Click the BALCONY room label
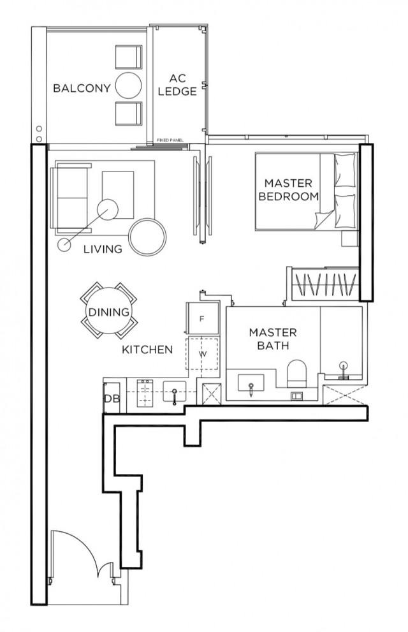point(82,88)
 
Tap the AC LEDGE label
point(178,85)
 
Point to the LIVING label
point(103,249)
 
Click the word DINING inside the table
point(108,312)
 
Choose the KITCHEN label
point(147,349)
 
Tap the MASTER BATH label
point(272,339)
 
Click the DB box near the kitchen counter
point(112,399)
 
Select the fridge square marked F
point(201,319)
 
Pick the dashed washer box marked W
point(201,353)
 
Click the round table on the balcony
point(129,85)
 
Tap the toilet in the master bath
point(298,372)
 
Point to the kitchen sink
point(174,393)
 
